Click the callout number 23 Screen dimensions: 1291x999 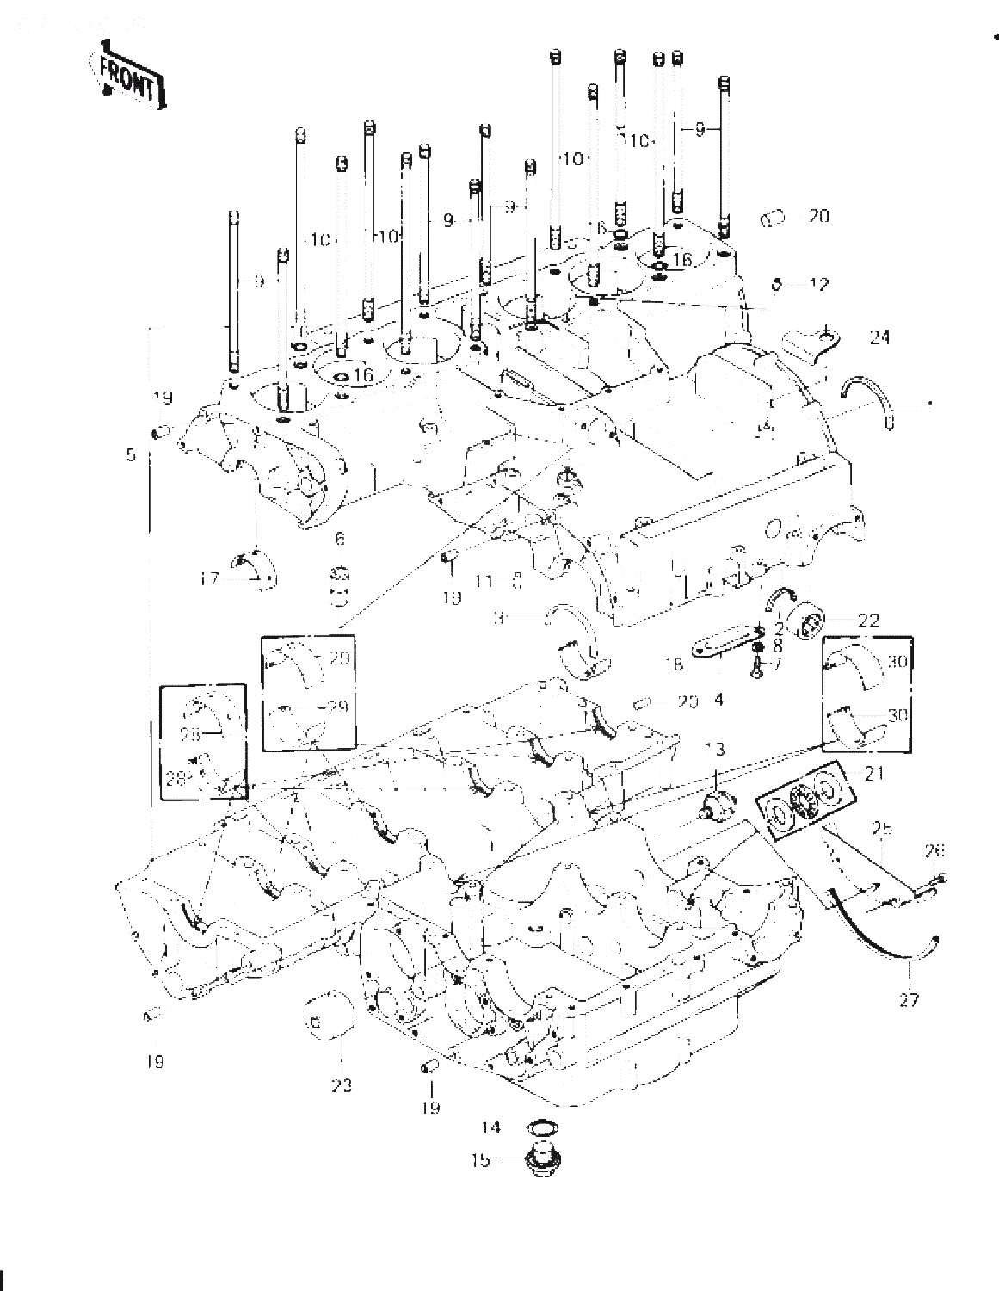click(x=341, y=1086)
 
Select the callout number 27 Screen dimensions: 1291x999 click(x=909, y=999)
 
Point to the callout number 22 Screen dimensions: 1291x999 click(x=870, y=620)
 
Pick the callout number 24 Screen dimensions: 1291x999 click(x=879, y=338)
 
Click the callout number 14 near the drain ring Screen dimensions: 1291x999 click(x=491, y=1127)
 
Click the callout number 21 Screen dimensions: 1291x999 click(x=875, y=775)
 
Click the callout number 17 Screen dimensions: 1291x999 click(x=209, y=580)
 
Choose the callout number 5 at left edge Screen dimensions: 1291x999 click(x=131, y=454)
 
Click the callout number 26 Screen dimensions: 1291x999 click(x=934, y=851)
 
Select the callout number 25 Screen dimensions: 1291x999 click(x=880, y=828)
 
